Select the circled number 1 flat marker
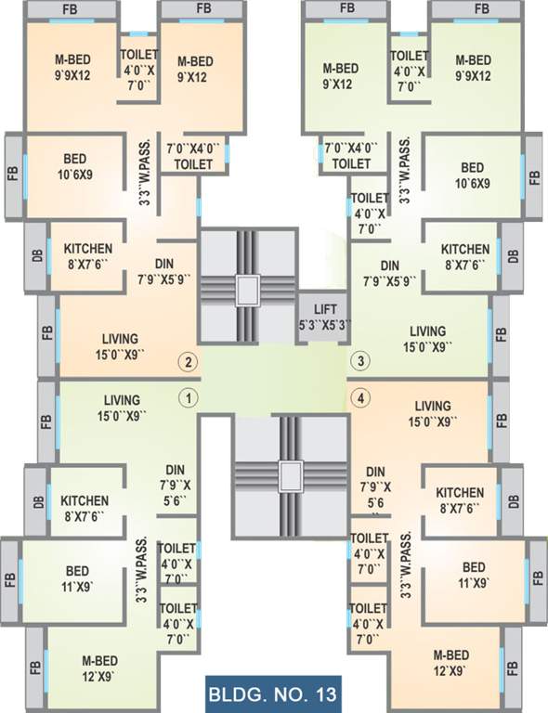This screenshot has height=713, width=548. pos(188,398)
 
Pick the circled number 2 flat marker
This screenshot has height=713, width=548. pos(188,362)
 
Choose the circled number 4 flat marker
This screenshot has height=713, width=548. pos(359,398)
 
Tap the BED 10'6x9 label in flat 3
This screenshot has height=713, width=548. pos(473,175)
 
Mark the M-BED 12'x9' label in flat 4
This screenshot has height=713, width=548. pos(450,662)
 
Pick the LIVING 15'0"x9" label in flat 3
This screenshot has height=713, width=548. pos(427,339)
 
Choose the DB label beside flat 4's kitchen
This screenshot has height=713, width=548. pos(514,501)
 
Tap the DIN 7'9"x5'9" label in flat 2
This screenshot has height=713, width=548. pos(168,271)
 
